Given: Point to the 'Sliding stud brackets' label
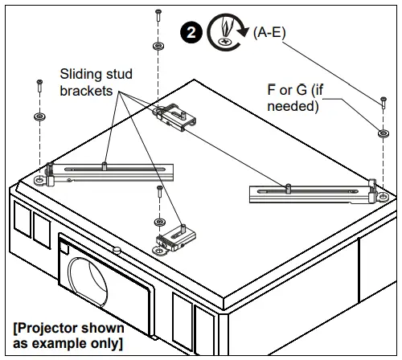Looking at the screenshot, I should (x=96, y=83).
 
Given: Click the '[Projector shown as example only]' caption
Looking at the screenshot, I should (x=68, y=336).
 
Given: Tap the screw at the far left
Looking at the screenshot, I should (x=38, y=84).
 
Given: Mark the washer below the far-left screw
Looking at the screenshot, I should (x=38, y=117).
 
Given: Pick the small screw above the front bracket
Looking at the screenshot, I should (x=161, y=193).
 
